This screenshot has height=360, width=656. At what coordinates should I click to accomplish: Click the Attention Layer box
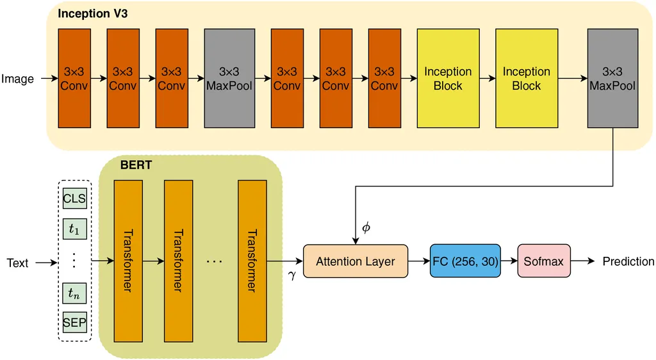(356, 261)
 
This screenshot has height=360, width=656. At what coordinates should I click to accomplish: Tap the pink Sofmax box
(543, 261)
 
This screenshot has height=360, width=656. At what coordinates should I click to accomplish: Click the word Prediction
(628, 261)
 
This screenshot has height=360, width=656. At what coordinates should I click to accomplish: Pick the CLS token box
(74, 198)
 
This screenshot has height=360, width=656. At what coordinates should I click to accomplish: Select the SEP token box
(74, 322)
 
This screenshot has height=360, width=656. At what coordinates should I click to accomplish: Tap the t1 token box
(74, 229)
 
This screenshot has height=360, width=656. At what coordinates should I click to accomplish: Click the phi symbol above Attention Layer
(366, 227)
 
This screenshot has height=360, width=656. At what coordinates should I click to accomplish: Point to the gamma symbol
(292, 274)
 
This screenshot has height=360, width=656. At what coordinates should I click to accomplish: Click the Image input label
(18, 79)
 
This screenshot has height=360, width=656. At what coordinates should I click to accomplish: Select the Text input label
(18, 263)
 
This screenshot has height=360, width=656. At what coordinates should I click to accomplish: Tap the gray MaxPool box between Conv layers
(228, 78)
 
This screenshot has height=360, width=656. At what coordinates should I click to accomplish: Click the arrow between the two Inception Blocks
(486, 78)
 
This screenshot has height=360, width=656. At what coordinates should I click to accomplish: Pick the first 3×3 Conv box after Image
(74, 78)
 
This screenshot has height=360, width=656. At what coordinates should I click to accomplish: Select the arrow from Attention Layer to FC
(420, 261)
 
